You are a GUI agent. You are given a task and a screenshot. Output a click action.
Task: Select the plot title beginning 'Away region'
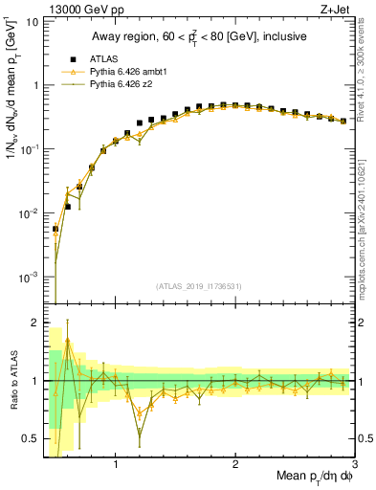(198, 37)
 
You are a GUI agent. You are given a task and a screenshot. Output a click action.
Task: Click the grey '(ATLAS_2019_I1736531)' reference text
(198, 286)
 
